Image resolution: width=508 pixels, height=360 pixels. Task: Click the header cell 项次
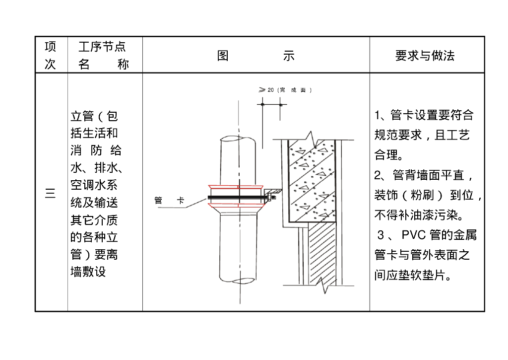coord(51,55)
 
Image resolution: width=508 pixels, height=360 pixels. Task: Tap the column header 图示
coord(255,56)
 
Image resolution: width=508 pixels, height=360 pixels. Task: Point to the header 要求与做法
coord(425,56)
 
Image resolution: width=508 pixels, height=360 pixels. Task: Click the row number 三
coord(51,193)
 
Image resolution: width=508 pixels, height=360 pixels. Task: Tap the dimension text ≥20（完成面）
coord(285,90)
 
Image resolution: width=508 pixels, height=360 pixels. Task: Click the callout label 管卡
coord(169,201)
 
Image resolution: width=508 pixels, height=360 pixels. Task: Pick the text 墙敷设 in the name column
coord(88,272)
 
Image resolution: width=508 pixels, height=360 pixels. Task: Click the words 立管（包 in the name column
coord(94,116)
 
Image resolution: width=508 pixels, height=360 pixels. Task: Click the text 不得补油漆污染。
coord(419,216)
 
